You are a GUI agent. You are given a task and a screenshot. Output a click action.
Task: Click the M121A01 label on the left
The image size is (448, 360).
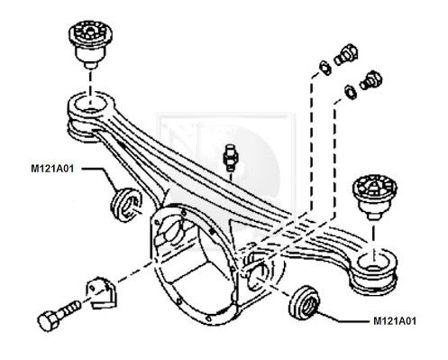(52, 169)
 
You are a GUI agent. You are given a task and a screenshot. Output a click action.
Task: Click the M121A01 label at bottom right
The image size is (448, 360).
(395, 321)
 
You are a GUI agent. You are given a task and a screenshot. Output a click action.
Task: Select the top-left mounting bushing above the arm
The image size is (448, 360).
(90, 44)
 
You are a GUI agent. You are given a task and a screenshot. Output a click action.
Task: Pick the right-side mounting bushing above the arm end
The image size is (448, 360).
(374, 197)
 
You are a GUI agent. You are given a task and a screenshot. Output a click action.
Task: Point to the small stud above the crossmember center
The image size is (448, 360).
(231, 156)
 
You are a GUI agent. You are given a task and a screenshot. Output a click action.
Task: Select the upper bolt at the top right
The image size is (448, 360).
(346, 55)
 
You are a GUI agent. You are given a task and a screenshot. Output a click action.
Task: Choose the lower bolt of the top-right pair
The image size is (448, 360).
(371, 80)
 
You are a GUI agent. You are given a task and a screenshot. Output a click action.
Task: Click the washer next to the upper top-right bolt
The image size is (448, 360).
(325, 67)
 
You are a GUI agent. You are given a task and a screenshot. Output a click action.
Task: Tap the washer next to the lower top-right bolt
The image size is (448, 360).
(351, 92)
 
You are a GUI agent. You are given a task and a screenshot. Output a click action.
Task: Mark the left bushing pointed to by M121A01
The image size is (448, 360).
(126, 205)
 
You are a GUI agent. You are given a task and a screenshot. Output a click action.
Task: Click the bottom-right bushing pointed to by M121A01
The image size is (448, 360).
(305, 301)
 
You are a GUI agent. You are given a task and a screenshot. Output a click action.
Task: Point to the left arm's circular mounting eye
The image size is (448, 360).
(90, 106)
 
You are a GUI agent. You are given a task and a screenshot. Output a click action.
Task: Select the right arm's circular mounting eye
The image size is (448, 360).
(375, 264)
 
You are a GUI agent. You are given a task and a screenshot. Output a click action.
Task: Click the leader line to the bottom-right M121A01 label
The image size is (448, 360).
(341, 318)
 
